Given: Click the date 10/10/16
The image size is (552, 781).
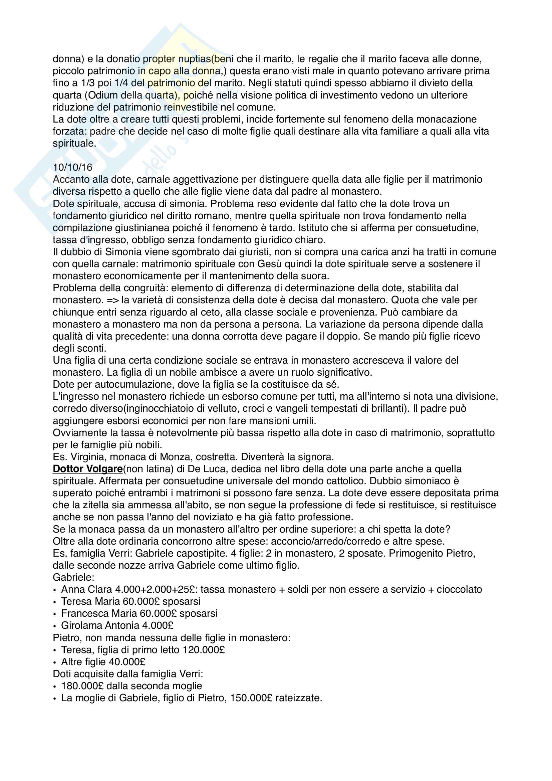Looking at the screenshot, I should [72, 167].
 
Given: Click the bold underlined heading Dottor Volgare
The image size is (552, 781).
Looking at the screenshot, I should [87, 469].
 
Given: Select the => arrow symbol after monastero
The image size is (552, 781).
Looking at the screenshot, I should [112, 300].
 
